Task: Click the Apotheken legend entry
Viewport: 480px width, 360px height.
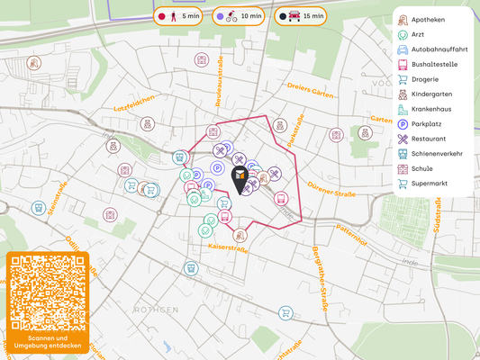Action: [x=430, y=19]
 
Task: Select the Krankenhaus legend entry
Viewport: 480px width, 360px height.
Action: [x=430, y=109]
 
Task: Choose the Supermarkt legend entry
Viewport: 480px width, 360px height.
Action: [x=430, y=184]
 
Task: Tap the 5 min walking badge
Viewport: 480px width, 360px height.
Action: [x=178, y=16]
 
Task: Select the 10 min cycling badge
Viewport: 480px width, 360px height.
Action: [x=239, y=16]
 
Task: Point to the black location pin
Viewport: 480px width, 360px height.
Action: [x=240, y=179]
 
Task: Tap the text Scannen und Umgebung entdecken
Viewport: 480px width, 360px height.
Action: [x=48, y=343]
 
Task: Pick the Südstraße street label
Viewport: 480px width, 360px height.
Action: [x=437, y=216]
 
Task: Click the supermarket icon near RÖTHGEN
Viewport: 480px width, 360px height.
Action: [x=286, y=313]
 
